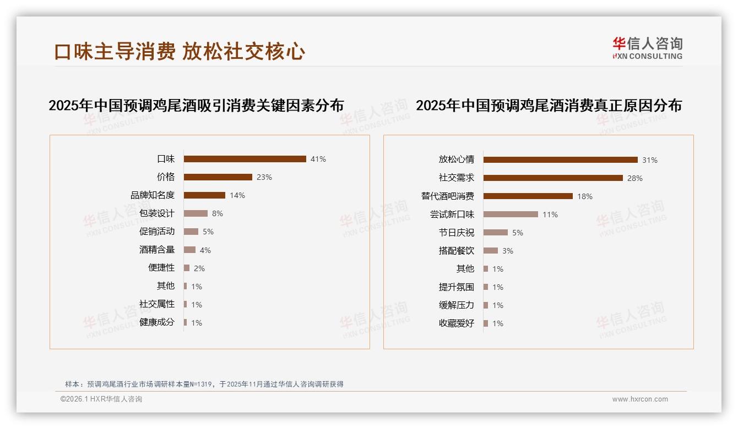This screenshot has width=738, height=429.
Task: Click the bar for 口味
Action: point(245,159)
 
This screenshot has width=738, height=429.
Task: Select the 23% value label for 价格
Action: point(264,177)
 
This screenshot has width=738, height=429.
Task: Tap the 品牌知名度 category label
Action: point(152,195)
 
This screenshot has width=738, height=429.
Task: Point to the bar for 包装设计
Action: point(196,213)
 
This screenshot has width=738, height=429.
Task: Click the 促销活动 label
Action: point(156,232)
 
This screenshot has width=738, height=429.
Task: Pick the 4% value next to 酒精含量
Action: point(205,250)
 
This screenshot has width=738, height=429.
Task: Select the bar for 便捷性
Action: point(187,268)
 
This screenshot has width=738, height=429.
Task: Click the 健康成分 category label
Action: point(156,322)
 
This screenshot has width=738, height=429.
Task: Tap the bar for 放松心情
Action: point(560,160)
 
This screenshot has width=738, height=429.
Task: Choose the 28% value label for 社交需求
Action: point(635,178)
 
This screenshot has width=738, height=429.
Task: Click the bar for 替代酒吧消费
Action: point(528,196)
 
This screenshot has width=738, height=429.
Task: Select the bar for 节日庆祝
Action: point(496,233)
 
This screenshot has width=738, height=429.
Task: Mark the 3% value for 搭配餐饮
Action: point(508,251)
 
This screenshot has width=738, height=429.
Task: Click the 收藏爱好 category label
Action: point(456,323)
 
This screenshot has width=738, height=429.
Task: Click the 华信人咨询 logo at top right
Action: point(647,48)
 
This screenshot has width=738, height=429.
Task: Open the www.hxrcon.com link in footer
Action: point(640,399)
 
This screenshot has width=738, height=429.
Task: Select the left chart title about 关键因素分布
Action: point(196,106)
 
